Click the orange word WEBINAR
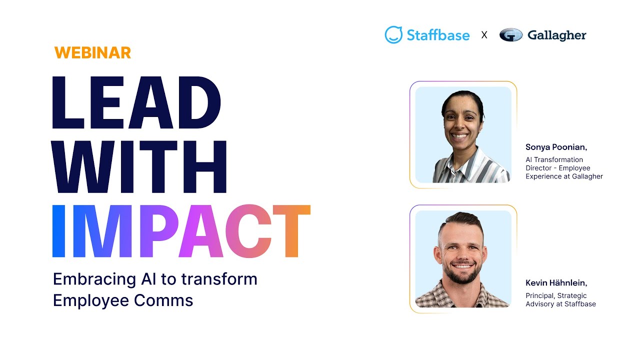(x=92, y=53)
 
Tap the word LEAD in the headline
(x=136, y=102)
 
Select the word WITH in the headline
(x=139, y=167)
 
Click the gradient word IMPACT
(x=181, y=231)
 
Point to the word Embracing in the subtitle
(x=94, y=279)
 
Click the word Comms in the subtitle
(x=163, y=300)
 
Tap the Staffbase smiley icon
(x=393, y=35)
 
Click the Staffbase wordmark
(x=438, y=35)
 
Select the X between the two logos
(x=484, y=35)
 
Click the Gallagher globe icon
(x=511, y=35)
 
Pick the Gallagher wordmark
(x=557, y=35)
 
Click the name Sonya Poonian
(x=556, y=147)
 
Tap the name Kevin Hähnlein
(x=556, y=283)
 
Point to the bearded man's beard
(x=462, y=274)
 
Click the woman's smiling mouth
(x=459, y=136)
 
